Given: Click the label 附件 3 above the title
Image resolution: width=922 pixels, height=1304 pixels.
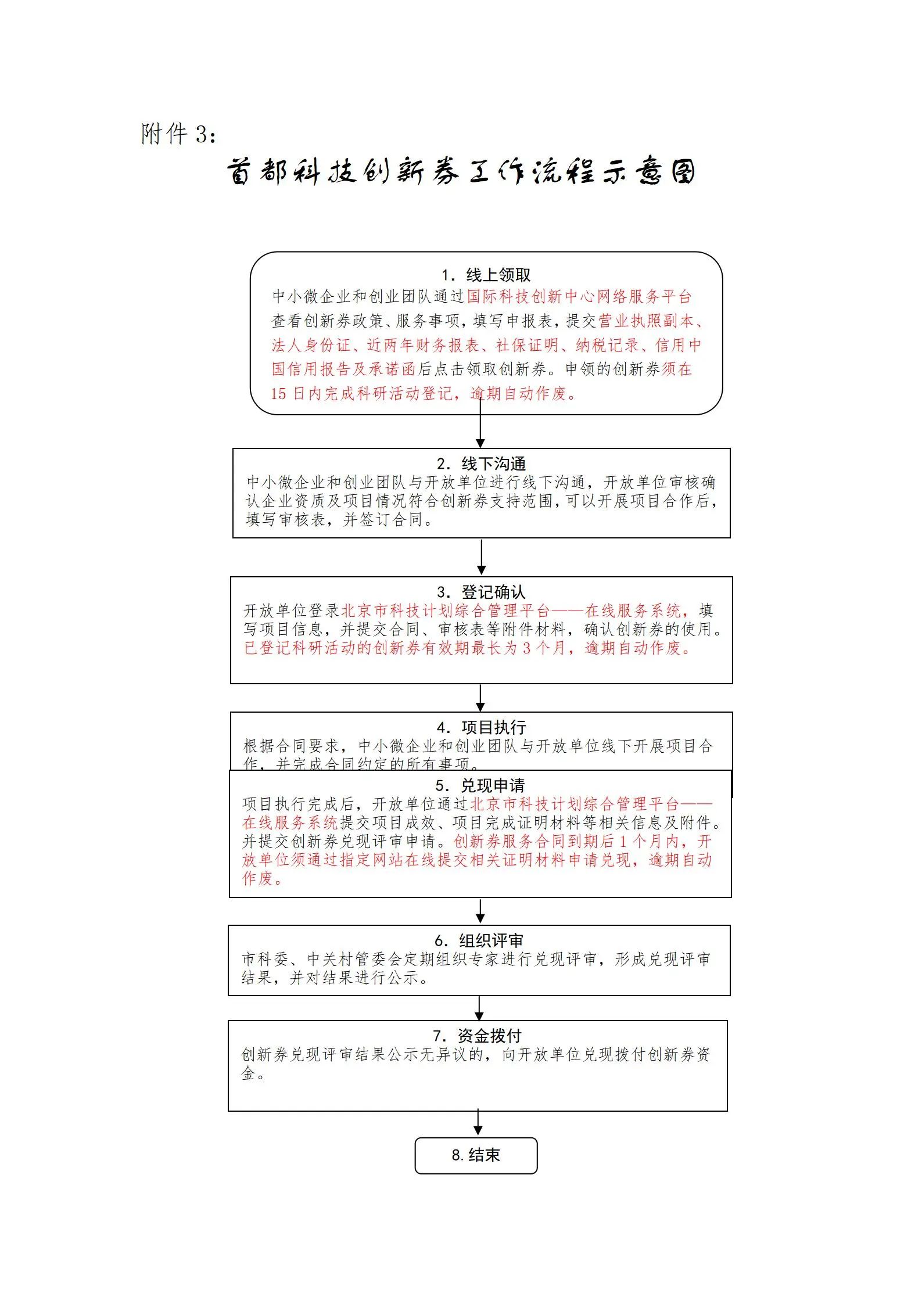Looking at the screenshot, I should click(x=179, y=134).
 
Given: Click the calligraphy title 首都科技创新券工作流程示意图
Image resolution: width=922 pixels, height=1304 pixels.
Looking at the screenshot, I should click(x=461, y=172).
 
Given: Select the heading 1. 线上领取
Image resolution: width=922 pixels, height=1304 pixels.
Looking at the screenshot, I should click(x=486, y=275).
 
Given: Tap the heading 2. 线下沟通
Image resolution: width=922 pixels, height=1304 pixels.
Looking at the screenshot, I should click(x=481, y=464).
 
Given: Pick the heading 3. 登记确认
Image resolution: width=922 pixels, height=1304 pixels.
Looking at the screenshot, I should click(x=481, y=592).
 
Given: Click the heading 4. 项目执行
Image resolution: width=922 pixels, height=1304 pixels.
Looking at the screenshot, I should click(x=481, y=727).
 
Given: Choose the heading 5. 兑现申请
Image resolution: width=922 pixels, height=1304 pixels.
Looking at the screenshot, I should click(x=480, y=785).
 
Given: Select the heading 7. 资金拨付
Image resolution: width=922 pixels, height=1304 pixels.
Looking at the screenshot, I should click(x=477, y=1036).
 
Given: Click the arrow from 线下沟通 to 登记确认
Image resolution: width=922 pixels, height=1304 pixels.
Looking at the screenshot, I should click(x=481, y=556).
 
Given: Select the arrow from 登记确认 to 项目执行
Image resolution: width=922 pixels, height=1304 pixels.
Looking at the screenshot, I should click(x=480, y=697).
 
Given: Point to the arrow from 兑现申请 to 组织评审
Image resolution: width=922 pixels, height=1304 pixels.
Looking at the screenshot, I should click(x=480, y=911).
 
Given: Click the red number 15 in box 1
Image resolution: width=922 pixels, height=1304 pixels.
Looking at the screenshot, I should click(x=279, y=394).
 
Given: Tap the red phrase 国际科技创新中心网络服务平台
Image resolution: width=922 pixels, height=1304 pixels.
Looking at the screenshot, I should click(x=579, y=297).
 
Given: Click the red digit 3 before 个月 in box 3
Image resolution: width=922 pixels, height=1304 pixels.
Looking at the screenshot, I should click(x=526, y=648).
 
